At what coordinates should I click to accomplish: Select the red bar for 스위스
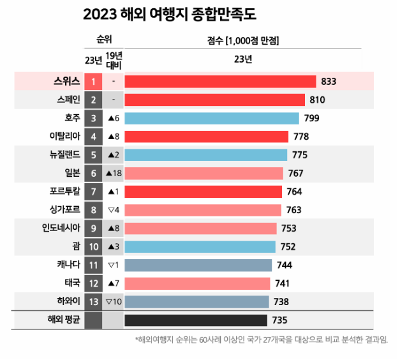click(x=220, y=82)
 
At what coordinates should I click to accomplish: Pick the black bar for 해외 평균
click(x=196, y=320)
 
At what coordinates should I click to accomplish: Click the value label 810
click(x=318, y=100)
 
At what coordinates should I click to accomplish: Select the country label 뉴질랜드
click(x=63, y=154)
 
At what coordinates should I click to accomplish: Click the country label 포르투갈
click(x=63, y=191)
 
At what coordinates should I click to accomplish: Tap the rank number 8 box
click(x=93, y=210)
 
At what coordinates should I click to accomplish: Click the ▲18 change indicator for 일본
click(x=113, y=174)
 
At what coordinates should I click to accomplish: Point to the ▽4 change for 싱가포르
click(x=113, y=210)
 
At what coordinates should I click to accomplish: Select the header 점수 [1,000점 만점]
click(x=243, y=41)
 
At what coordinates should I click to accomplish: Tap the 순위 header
click(x=103, y=40)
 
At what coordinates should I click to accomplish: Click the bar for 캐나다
click(x=198, y=265)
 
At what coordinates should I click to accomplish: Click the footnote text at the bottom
click(x=261, y=340)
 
